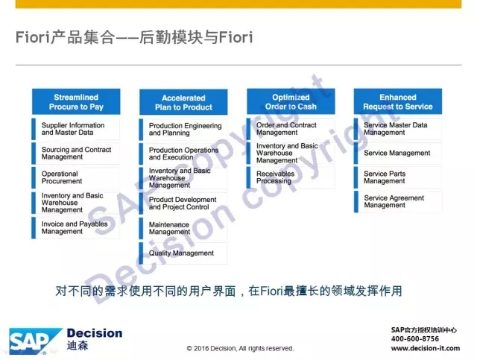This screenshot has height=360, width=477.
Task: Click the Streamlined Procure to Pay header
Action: (x=76, y=101)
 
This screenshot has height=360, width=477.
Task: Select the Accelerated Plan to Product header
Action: (x=183, y=102)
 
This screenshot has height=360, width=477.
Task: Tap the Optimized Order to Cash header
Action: (x=291, y=101)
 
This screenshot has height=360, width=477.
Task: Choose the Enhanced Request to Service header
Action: (x=398, y=101)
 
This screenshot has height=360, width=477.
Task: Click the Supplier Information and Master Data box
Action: (x=76, y=129)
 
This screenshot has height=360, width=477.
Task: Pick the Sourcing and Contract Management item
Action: (x=76, y=153)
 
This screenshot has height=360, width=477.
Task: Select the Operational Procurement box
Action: (x=76, y=177)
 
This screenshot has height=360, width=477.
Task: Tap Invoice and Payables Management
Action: (x=76, y=227)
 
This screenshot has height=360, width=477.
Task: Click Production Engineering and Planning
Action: (x=183, y=130)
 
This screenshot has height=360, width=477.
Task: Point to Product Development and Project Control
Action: (x=183, y=203)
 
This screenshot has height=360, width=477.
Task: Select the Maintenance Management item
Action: (x=183, y=228)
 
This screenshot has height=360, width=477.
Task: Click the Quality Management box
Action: (x=183, y=253)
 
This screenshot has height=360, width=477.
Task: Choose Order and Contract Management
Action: (x=291, y=129)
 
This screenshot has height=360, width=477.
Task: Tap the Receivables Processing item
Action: (x=291, y=177)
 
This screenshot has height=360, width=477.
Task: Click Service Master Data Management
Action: (x=398, y=129)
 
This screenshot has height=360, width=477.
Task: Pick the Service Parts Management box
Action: (x=398, y=177)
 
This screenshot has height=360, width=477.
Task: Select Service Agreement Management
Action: (x=398, y=201)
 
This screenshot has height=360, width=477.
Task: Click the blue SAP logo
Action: (x=34, y=341)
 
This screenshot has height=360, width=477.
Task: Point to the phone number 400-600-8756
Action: (x=415, y=338)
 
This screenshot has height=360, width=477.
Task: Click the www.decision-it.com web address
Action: (x=426, y=348)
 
